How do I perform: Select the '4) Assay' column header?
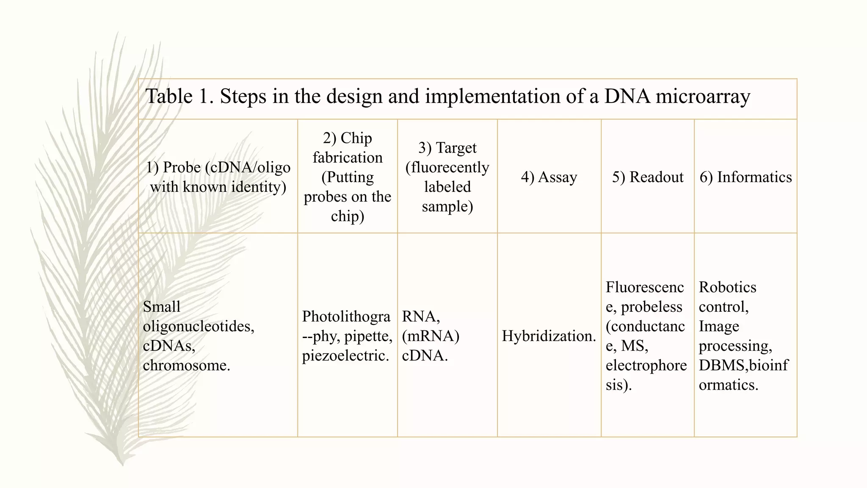pos(549,177)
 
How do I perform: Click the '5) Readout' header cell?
pos(648,177)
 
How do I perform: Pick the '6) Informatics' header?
pos(746,177)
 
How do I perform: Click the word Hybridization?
pos(549,336)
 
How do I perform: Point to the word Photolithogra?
pos(346,316)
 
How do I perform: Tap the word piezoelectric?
pos(345,355)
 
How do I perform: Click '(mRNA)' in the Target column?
pos(431,336)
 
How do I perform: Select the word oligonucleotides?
pos(199,326)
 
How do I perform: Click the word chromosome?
pos(186,365)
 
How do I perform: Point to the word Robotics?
pos(727,287)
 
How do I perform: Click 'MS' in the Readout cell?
pos(634,346)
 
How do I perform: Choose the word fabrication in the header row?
pos(348,158)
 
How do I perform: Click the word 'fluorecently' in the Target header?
pos(447,167)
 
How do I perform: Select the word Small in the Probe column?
pos(162,307)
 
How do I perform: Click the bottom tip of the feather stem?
pos(123,465)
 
